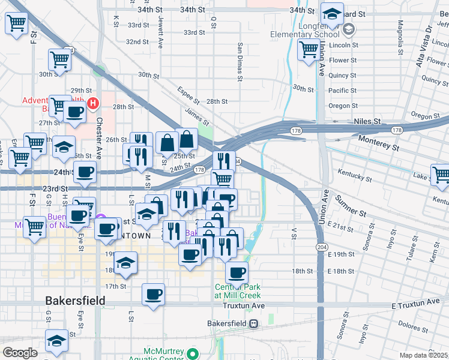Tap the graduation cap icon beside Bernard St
(331, 13)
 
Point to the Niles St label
(368, 121)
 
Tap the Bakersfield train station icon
(255, 324)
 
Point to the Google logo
(20, 353)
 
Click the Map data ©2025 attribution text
(424, 355)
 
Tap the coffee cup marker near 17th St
(153, 295)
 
